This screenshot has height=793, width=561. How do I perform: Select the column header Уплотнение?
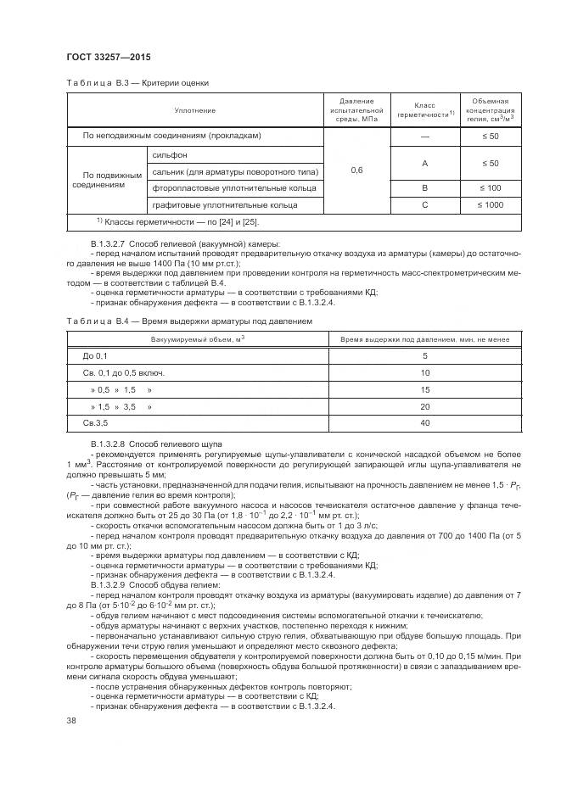pos(195,111)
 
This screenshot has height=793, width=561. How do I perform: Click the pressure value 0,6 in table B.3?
pos(356,170)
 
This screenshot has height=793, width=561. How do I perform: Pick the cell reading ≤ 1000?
pos(490,205)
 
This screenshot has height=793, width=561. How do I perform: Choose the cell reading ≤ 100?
pos(490,187)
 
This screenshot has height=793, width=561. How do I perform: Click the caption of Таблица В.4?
pos(189,321)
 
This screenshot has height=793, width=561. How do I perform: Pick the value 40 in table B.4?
pos(424,422)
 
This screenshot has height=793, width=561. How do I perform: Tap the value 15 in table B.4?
pos(424,389)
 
